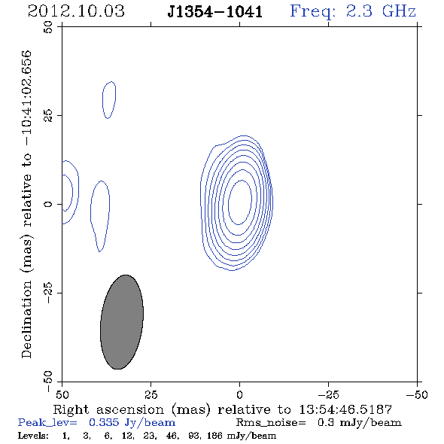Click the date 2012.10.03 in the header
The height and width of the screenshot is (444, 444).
[76, 11]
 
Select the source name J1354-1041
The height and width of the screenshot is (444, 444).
[215, 11]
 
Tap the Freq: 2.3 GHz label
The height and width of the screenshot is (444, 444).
[353, 11]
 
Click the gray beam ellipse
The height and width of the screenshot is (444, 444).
[122, 322]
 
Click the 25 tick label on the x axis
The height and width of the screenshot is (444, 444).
[151, 395]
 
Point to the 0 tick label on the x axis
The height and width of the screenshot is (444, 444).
[239, 395]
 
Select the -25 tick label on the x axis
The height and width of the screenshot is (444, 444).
[328, 395]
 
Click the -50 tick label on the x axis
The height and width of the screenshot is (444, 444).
[417, 395]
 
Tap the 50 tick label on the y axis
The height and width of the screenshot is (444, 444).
[48, 27]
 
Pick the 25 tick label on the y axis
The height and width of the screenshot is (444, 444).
[48, 116]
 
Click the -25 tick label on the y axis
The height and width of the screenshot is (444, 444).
[48, 293]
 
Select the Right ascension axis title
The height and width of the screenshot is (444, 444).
[222, 409]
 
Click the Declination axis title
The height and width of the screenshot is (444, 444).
[26, 204]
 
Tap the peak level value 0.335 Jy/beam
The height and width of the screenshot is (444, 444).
[132, 423]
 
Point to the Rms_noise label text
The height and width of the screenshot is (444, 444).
[271, 423]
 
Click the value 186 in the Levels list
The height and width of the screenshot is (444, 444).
[214, 435]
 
